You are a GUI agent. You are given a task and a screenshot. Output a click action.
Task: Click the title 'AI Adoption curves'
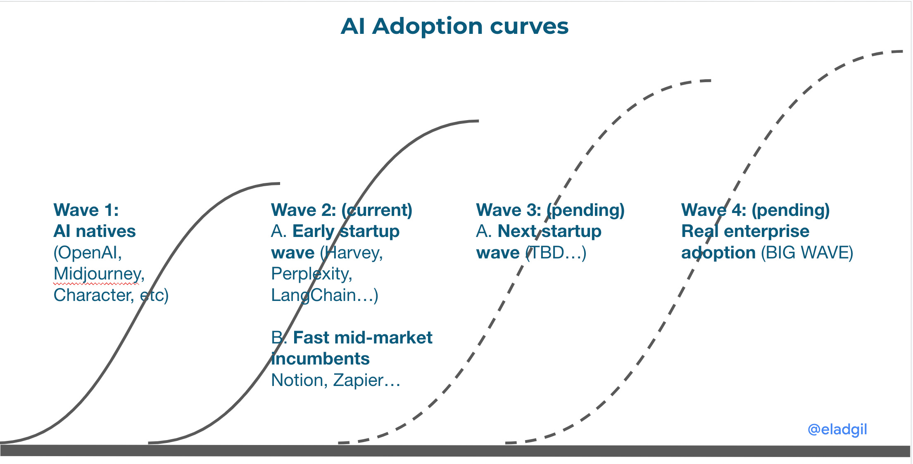[x=454, y=26]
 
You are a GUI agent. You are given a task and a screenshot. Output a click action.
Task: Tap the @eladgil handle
[x=837, y=429]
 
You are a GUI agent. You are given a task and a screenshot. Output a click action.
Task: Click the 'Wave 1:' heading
[x=86, y=210]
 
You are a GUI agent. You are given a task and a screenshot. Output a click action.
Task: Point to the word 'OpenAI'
[x=88, y=253]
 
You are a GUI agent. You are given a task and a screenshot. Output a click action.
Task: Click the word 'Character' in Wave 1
[x=93, y=295]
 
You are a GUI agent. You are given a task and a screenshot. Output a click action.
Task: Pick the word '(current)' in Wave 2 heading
[x=377, y=210]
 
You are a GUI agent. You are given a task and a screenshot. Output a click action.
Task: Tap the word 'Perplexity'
[x=311, y=274]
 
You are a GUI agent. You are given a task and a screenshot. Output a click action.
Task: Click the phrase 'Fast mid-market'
[x=362, y=338]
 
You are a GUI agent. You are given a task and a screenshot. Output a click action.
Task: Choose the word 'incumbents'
[x=321, y=359]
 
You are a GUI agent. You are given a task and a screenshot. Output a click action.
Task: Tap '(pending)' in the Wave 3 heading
[x=586, y=210]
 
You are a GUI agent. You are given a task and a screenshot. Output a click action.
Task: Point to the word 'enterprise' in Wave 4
[x=766, y=231]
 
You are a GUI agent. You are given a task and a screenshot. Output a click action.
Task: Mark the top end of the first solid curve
[x=279, y=183]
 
